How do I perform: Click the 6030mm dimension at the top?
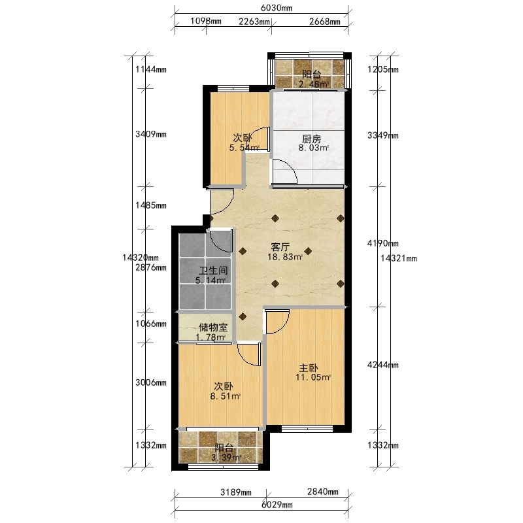(276, 8)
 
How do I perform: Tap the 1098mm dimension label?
(206, 22)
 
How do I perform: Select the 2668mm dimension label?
(324, 22)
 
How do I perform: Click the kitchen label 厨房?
(312, 139)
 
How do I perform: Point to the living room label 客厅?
(280, 247)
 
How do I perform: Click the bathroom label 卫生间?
(214, 271)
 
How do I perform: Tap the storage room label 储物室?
(213, 328)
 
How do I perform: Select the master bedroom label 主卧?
(308, 368)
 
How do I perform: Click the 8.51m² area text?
(226, 397)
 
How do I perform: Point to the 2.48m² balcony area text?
(314, 84)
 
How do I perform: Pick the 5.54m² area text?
(244, 148)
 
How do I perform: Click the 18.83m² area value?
(285, 257)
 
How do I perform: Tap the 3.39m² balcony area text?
(226, 458)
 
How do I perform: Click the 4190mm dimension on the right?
(383, 243)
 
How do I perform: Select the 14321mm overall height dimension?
(399, 258)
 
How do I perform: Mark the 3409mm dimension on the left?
(151, 134)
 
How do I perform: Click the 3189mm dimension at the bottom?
(236, 492)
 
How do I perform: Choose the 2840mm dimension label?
(322, 492)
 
